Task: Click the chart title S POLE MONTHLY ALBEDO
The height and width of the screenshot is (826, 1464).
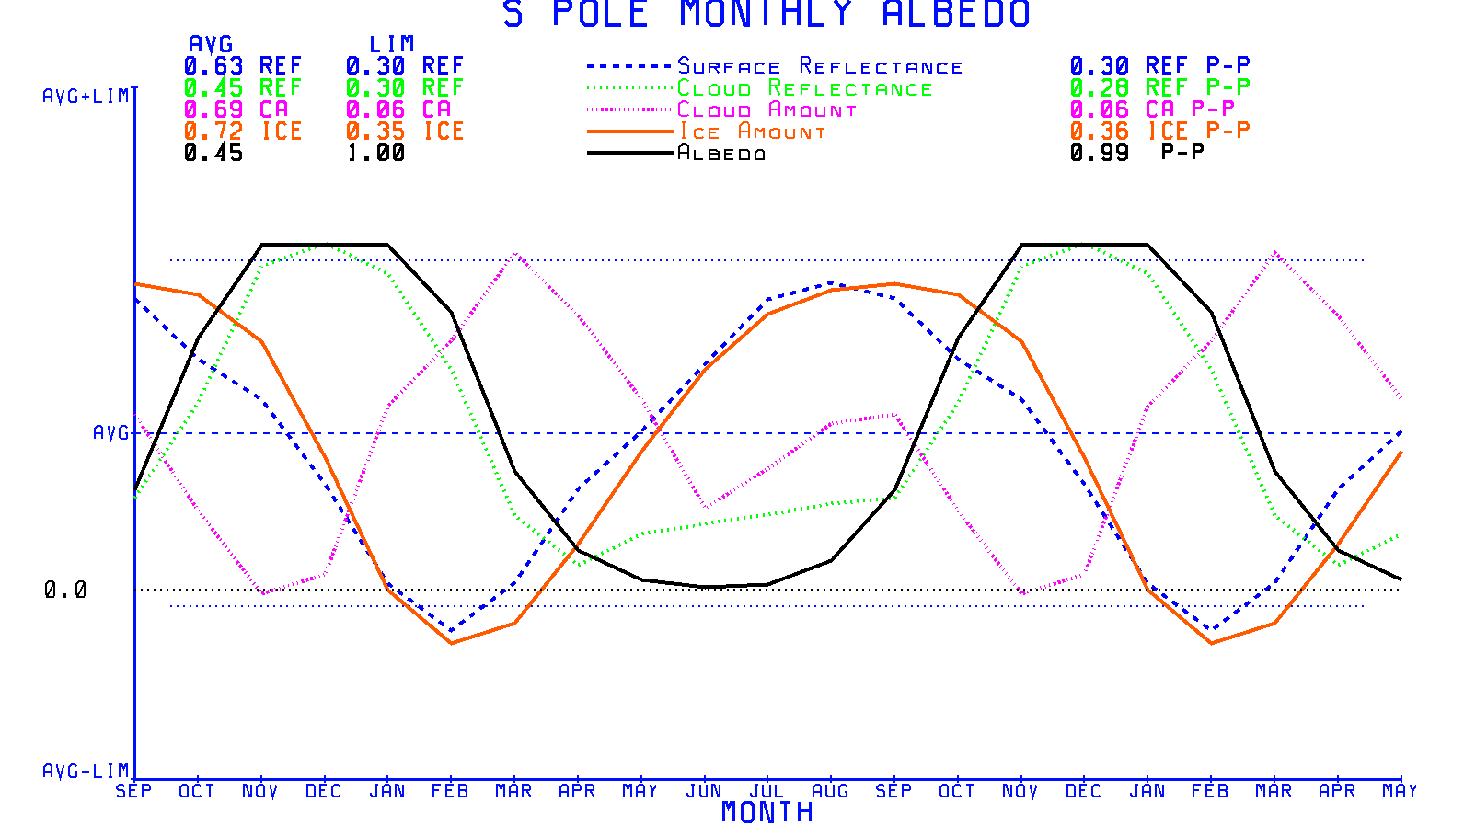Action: [x=766, y=14]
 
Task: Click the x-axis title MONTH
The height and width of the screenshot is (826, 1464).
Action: [x=767, y=812]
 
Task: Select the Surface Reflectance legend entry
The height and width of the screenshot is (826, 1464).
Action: [x=820, y=66]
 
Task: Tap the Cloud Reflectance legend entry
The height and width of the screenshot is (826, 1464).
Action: [x=804, y=88]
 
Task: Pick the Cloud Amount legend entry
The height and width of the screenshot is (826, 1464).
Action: [x=767, y=110]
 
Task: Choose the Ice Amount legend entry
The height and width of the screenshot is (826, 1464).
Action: [x=752, y=132]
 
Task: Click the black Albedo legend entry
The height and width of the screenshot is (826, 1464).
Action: [x=721, y=153]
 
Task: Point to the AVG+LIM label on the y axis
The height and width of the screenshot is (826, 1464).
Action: [x=86, y=97]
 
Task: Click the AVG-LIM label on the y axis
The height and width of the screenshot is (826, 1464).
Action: [x=86, y=771]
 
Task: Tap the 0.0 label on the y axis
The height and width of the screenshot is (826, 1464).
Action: [x=65, y=590]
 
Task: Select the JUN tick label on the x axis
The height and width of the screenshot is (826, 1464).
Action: [x=704, y=791]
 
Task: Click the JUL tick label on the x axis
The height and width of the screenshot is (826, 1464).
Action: [x=767, y=791]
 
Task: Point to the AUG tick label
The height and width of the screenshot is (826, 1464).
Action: [x=830, y=791]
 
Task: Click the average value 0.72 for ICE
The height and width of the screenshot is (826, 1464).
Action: [x=213, y=132]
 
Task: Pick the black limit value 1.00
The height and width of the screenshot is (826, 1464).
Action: [x=375, y=154]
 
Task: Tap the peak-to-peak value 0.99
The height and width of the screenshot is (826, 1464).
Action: [x=1099, y=153]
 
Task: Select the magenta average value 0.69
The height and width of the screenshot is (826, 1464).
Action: [x=213, y=109]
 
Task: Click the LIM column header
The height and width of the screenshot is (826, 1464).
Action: [x=392, y=44]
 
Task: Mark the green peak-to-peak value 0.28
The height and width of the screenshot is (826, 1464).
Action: [x=1099, y=87]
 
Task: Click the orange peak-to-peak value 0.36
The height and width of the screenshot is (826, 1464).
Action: [x=1099, y=132]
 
